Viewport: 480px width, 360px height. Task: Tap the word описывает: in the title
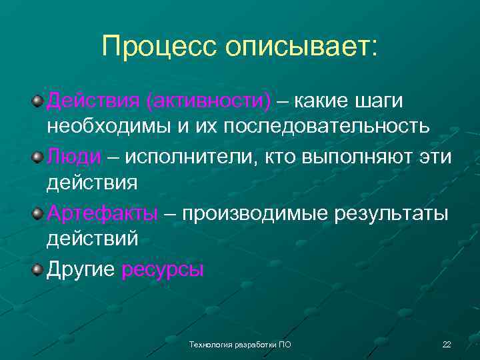pos(301,47)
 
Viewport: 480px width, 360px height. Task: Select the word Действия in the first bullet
pos(92,101)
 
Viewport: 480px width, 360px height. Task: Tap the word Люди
pos(73,157)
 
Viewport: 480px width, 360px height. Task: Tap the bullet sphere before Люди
pos(38,157)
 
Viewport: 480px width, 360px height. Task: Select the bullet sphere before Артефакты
pos(38,213)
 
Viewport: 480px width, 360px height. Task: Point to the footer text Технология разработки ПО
pos(240,345)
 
